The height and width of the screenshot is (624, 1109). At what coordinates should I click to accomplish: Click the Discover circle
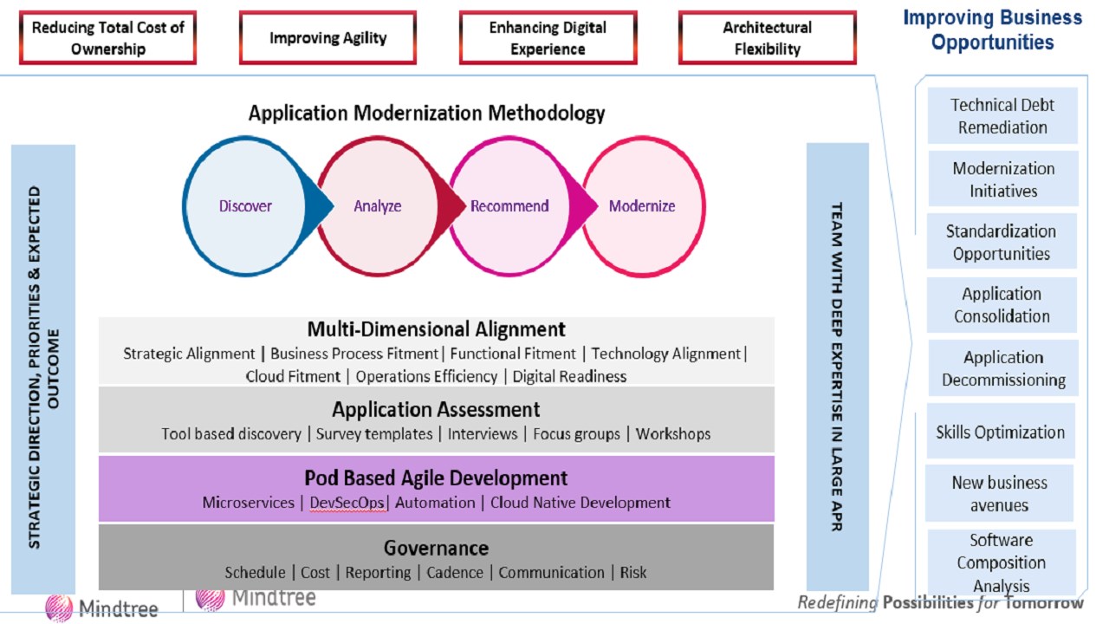pyautogui.click(x=245, y=206)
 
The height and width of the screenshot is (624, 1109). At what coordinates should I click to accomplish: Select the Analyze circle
pyautogui.click(x=378, y=206)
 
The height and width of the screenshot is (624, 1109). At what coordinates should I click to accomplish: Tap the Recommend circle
pyautogui.click(x=509, y=206)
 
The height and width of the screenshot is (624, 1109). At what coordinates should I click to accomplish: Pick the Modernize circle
pyautogui.click(x=642, y=206)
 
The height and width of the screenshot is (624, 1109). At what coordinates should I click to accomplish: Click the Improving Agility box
pyautogui.click(x=328, y=38)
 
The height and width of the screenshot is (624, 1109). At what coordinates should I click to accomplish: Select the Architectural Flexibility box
pyautogui.click(x=767, y=38)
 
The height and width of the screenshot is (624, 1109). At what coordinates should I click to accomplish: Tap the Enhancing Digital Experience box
pyautogui.click(x=548, y=38)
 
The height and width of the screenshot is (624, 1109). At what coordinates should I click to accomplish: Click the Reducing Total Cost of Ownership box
pyautogui.click(x=108, y=38)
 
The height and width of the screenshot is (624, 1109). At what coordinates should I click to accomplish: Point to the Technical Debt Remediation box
pyautogui.click(x=1002, y=116)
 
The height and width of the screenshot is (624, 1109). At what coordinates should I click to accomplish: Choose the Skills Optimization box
pyautogui.click(x=1000, y=432)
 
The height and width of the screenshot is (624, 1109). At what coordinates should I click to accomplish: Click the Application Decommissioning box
pyautogui.click(x=1003, y=368)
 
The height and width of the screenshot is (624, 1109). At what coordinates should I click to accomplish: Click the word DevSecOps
pyautogui.click(x=347, y=503)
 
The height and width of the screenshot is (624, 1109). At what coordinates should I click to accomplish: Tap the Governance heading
pyautogui.click(x=436, y=548)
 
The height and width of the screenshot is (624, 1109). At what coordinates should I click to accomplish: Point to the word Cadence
pyautogui.click(x=455, y=572)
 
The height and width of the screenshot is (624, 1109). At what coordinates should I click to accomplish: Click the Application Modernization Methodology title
pyautogui.click(x=426, y=113)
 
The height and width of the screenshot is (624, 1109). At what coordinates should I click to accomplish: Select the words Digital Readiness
pyautogui.click(x=569, y=376)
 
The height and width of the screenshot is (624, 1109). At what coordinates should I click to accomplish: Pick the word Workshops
pyautogui.click(x=673, y=433)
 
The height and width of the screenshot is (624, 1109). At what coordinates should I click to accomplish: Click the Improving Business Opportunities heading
pyautogui.click(x=993, y=29)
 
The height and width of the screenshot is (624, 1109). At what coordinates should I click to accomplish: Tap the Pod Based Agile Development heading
pyautogui.click(x=436, y=478)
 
